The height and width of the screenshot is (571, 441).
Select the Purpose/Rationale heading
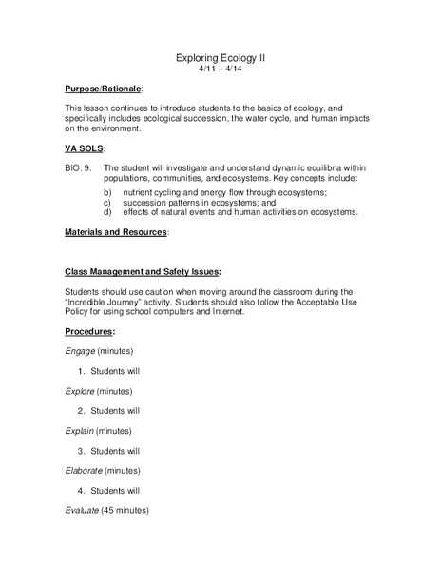tap(103, 89)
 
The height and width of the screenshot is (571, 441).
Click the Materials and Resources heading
tap(116, 231)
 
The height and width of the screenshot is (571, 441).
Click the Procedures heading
tap(89, 331)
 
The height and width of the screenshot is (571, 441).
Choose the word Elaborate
tap(85, 471)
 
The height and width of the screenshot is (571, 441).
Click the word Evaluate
tap(83, 511)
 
